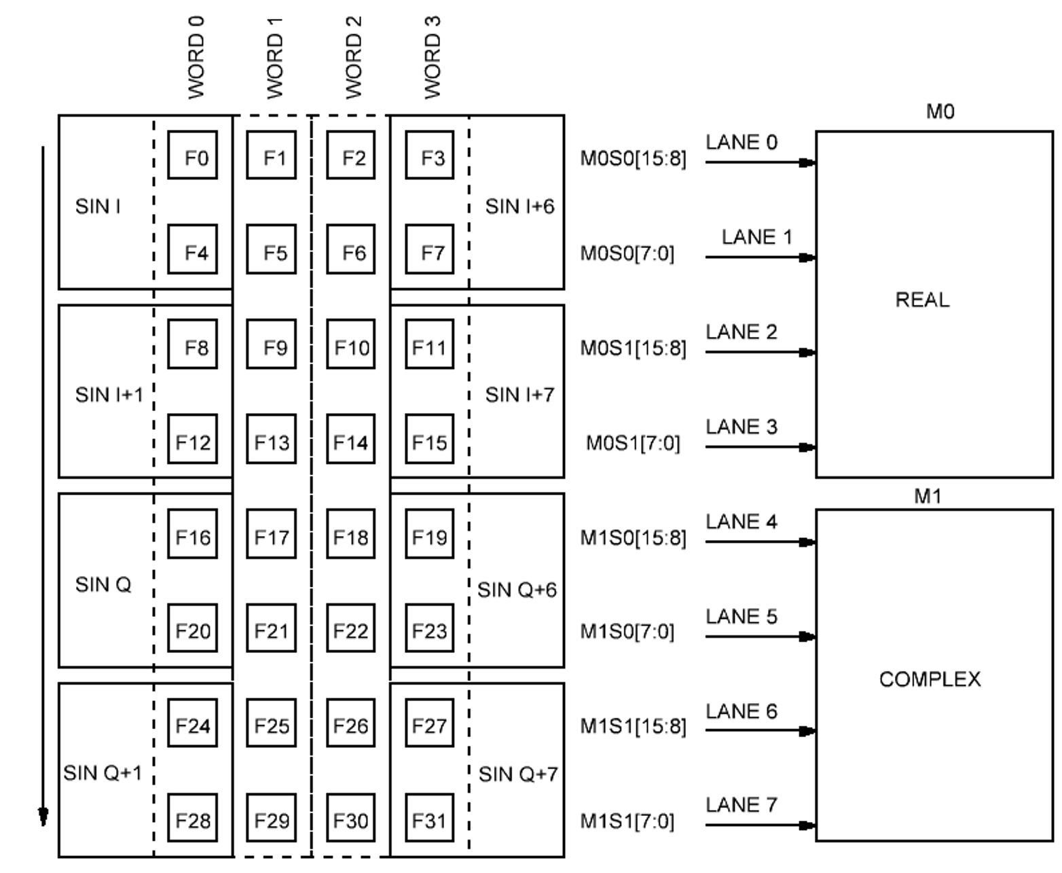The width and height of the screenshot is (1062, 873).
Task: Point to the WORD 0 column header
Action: click(196, 58)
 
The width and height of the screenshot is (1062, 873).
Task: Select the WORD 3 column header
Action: click(432, 58)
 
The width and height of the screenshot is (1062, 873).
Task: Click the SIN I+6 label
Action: click(519, 207)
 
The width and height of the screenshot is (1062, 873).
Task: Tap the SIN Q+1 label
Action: click(103, 773)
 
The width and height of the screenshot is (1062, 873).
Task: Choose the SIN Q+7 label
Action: click(518, 774)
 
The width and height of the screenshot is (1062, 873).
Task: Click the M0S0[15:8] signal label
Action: click(633, 159)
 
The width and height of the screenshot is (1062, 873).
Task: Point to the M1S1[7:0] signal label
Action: click(627, 822)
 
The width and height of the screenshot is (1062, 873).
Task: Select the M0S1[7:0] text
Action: click(633, 444)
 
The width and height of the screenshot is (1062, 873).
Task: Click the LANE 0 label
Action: click(741, 143)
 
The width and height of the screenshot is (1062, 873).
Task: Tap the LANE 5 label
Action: click(741, 617)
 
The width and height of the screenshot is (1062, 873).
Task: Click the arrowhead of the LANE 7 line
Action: click(806, 826)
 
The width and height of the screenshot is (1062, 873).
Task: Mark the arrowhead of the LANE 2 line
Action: click(806, 353)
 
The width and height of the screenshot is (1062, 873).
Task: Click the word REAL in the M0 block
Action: click(922, 300)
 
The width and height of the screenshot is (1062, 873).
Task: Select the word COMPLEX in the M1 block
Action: click(930, 679)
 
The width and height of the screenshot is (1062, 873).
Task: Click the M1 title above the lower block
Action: click(928, 497)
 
